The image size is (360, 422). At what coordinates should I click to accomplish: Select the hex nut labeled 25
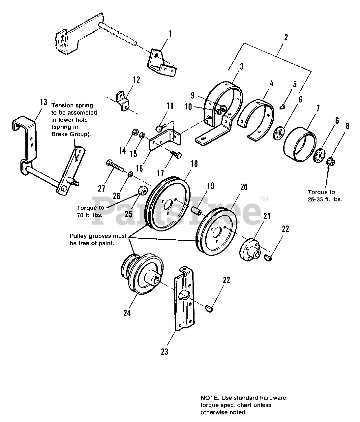pos(141,190)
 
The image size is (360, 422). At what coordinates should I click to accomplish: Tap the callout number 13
pos(44,102)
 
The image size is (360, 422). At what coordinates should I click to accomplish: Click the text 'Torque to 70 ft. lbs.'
pos(90,211)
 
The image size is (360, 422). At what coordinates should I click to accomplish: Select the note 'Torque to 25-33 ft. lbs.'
pos(325,196)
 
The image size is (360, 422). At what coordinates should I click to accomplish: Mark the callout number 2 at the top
pos(285,37)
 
